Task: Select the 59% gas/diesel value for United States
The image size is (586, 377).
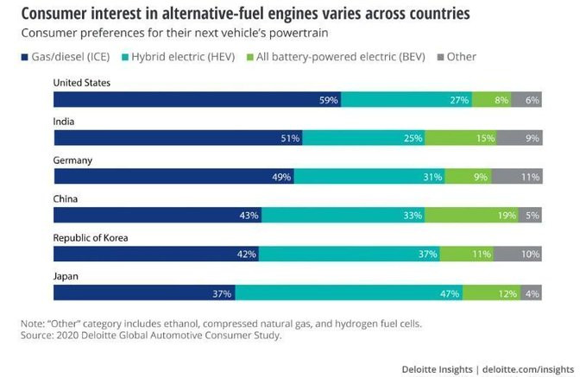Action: point(328,99)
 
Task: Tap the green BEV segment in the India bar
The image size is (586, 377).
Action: point(461,138)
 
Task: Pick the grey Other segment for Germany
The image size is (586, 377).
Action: point(516,177)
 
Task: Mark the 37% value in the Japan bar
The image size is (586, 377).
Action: point(222,293)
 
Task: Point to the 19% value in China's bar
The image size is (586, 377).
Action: point(507,216)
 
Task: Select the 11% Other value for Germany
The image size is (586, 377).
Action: point(530,177)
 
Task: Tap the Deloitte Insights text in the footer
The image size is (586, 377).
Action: point(437,368)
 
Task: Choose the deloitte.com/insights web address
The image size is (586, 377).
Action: point(528,368)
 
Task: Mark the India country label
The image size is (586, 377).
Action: point(64,122)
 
